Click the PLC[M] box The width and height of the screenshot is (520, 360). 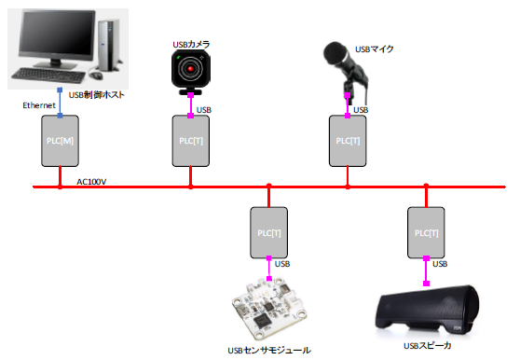pos(59,141)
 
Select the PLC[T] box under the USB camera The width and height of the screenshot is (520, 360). pos(191,140)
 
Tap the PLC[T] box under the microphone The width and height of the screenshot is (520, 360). pos(349,140)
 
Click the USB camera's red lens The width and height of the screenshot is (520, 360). pos(191,69)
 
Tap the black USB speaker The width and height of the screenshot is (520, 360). pos(427,316)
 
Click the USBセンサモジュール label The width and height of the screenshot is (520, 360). pos(268,351)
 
